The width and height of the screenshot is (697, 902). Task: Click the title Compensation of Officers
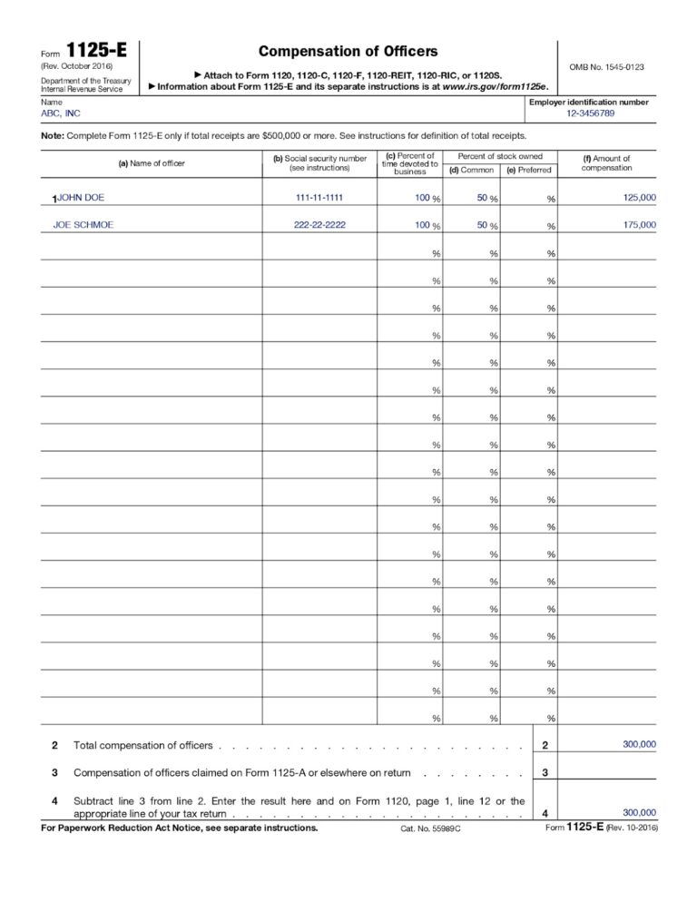click(x=348, y=52)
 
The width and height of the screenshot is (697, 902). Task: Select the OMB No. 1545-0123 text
click(x=606, y=68)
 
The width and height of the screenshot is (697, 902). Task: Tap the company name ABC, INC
click(x=61, y=113)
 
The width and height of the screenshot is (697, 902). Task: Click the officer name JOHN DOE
click(x=81, y=197)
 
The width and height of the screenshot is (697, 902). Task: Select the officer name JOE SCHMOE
click(x=83, y=224)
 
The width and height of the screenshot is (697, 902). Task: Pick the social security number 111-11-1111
click(x=319, y=197)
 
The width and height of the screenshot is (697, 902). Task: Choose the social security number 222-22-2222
click(x=319, y=224)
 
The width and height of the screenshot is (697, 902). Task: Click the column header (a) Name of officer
click(x=152, y=163)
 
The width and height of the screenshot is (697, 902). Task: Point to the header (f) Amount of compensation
click(x=606, y=163)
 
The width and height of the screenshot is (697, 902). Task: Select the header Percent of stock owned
click(x=500, y=156)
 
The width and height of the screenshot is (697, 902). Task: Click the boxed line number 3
click(x=544, y=772)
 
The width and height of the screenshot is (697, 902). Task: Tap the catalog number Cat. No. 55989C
click(x=431, y=829)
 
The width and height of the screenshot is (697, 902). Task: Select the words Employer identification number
click(x=588, y=103)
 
